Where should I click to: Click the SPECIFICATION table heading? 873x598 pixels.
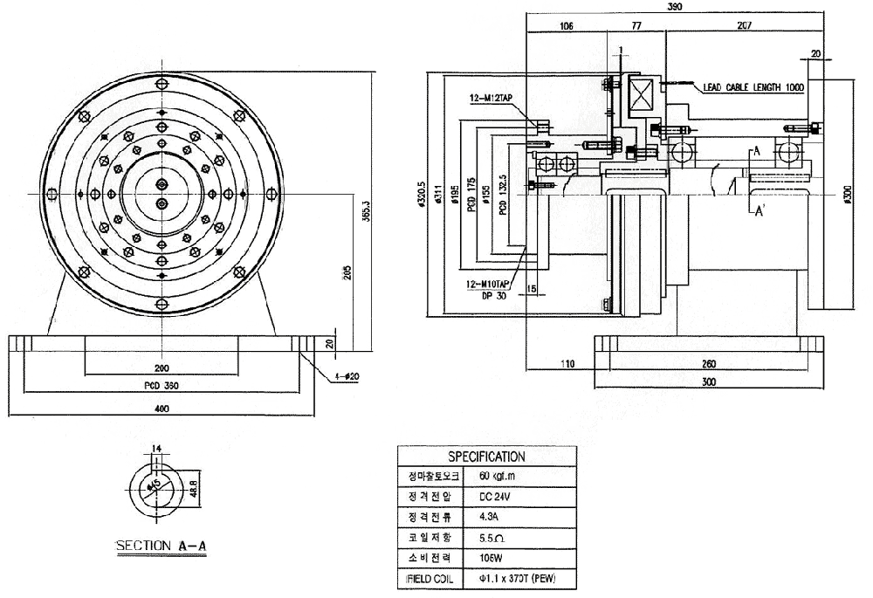(x=486, y=457)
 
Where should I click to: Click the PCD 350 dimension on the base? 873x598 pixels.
(x=161, y=385)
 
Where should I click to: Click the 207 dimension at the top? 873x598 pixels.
(x=744, y=27)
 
